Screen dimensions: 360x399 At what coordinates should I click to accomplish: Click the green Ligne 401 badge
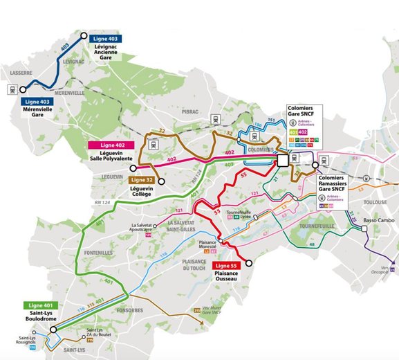tap(43, 305)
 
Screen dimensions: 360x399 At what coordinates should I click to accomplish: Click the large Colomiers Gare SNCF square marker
tap(282, 161)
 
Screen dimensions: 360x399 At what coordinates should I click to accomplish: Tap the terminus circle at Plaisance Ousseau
tap(250, 263)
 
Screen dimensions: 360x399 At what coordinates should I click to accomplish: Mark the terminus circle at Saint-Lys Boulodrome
tap(53, 330)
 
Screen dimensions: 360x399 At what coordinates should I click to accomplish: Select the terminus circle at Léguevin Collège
tap(161, 181)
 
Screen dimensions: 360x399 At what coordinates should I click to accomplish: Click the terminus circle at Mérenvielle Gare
tap(24, 89)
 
